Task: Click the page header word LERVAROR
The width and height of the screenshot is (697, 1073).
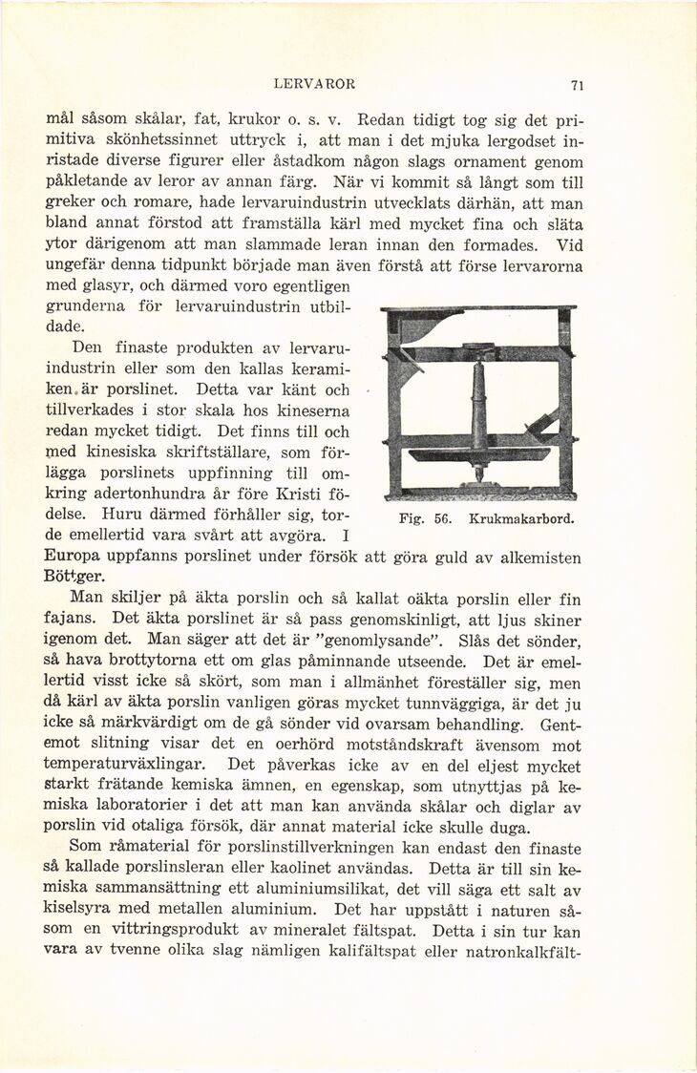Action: click(x=313, y=84)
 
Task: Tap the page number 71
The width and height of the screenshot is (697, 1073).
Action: click(x=576, y=85)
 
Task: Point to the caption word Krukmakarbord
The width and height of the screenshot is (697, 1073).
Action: click(x=521, y=520)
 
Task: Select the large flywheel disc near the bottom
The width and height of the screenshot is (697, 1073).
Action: click(x=478, y=454)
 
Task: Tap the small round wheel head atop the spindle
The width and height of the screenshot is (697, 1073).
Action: click(x=479, y=347)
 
